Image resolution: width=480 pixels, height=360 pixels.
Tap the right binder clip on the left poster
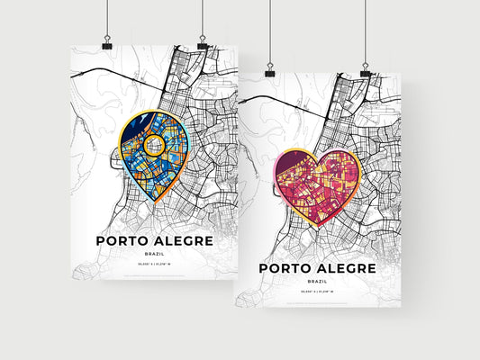[x=203, y=40]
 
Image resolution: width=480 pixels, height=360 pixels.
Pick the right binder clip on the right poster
[x=366, y=67]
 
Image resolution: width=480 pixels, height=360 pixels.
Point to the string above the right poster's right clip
[x=366, y=31]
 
